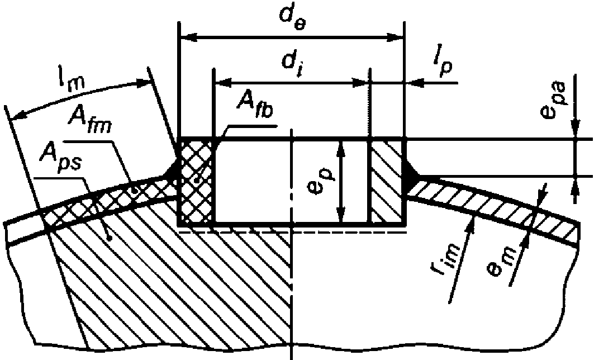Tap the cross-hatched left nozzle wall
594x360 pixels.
point(196,182)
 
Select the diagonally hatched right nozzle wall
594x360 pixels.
point(386,182)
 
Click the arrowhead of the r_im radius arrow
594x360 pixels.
point(472,224)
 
